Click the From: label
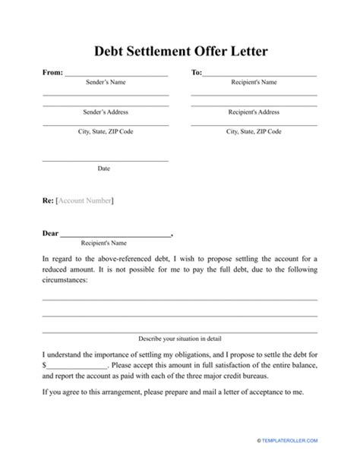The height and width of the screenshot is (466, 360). pyautogui.click(x=52, y=74)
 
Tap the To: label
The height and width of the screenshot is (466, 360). pyautogui.click(x=196, y=74)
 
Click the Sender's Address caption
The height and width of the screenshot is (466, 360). pyautogui.click(x=105, y=112)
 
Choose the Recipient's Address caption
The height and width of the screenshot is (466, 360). pyautogui.click(x=253, y=112)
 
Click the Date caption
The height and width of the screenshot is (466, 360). pyautogui.click(x=104, y=168)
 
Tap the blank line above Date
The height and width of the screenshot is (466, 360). pyautogui.click(x=105, y=160)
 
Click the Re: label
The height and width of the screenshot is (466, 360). pyautogui.click(x=48, y=200)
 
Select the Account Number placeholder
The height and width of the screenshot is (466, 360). pyautogui.click(x=86, y=200)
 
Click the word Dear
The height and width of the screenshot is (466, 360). pyautogui.click(x=49, y=234)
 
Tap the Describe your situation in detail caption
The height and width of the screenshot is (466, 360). pyautogui.click(x=180, y=338)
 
